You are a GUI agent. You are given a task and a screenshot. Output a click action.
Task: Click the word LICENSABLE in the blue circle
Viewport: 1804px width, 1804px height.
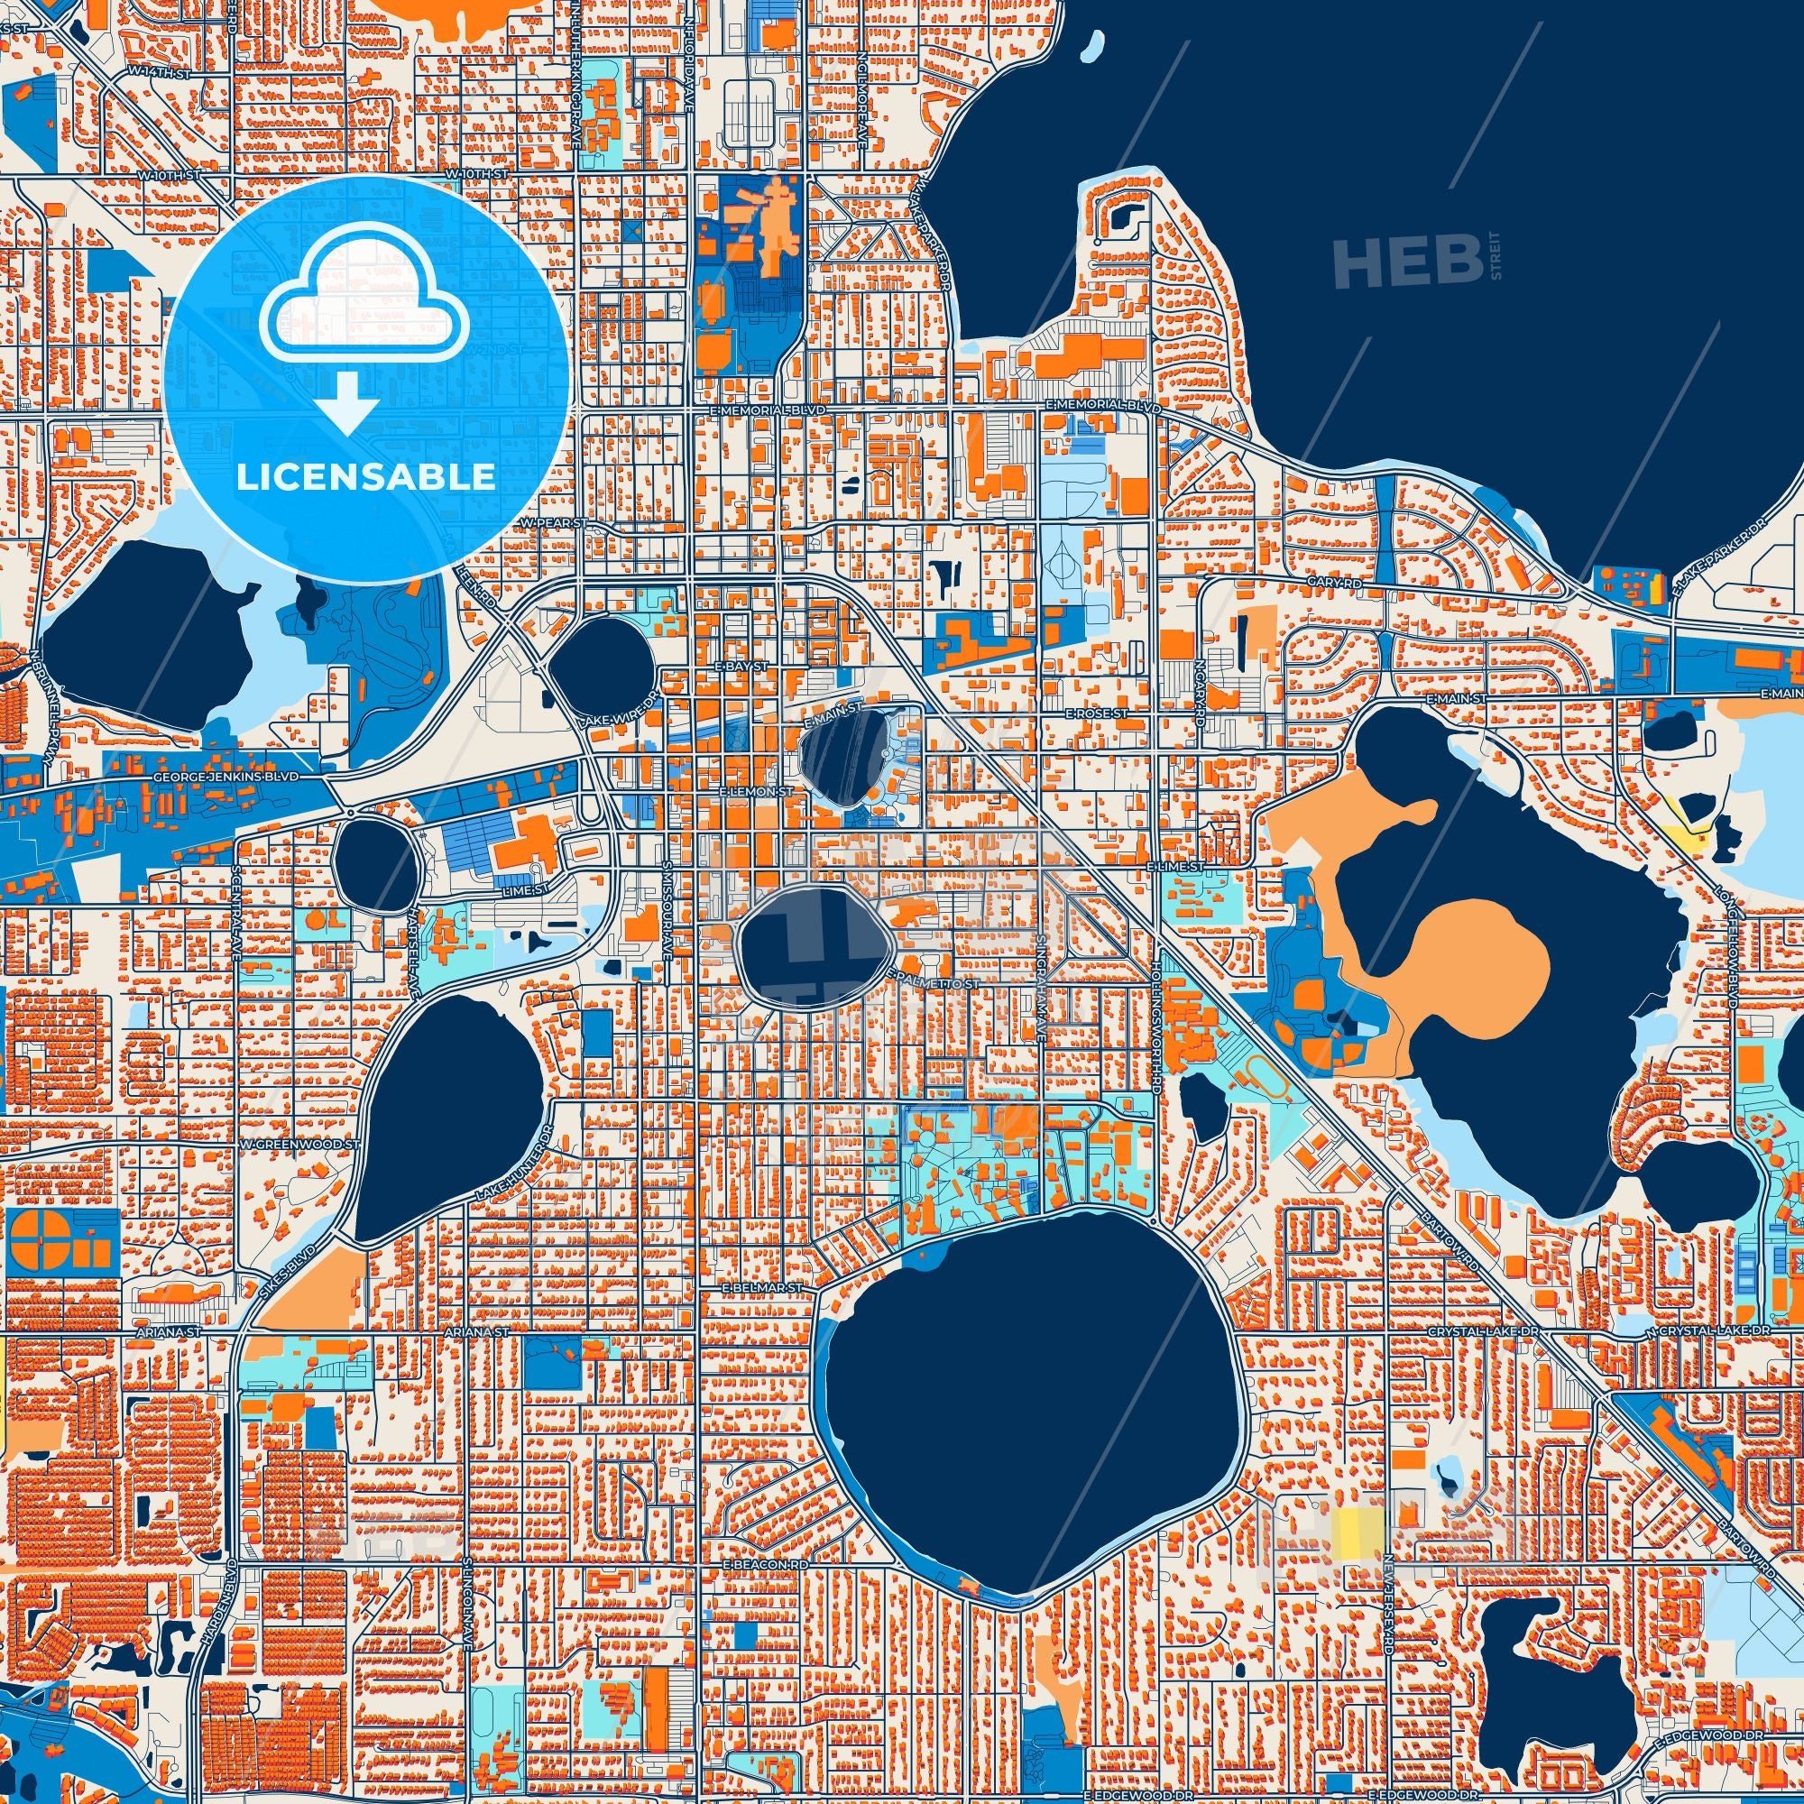click(x=365, y=477)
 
